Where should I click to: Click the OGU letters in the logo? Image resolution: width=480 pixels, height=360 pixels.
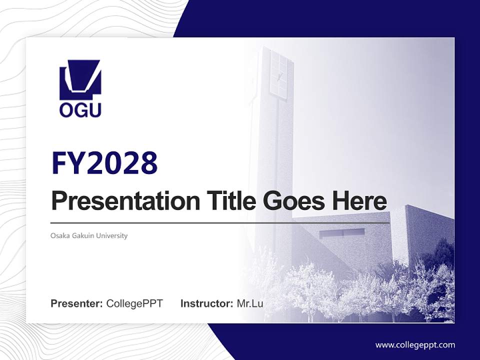[80, 109]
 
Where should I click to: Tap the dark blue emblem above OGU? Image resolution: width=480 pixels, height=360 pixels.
[80, 80]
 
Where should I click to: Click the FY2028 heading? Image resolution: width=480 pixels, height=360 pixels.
[104, 163]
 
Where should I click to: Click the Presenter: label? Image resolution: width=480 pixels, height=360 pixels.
[76, 303]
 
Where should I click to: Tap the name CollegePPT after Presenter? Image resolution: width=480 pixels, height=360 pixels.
[134, 303]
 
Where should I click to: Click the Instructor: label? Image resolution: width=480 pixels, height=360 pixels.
[206, 303]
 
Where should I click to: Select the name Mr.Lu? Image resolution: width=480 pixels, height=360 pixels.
[250, 303]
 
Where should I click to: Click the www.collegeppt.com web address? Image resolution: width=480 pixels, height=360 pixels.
[415, 344]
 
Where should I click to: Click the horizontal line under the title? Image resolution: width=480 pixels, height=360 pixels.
[220, 222]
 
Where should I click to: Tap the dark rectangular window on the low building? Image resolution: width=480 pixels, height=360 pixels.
[342, 233]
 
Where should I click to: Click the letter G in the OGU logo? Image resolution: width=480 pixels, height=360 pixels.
[80, 109]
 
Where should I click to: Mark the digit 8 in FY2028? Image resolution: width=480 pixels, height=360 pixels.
[149, 163]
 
